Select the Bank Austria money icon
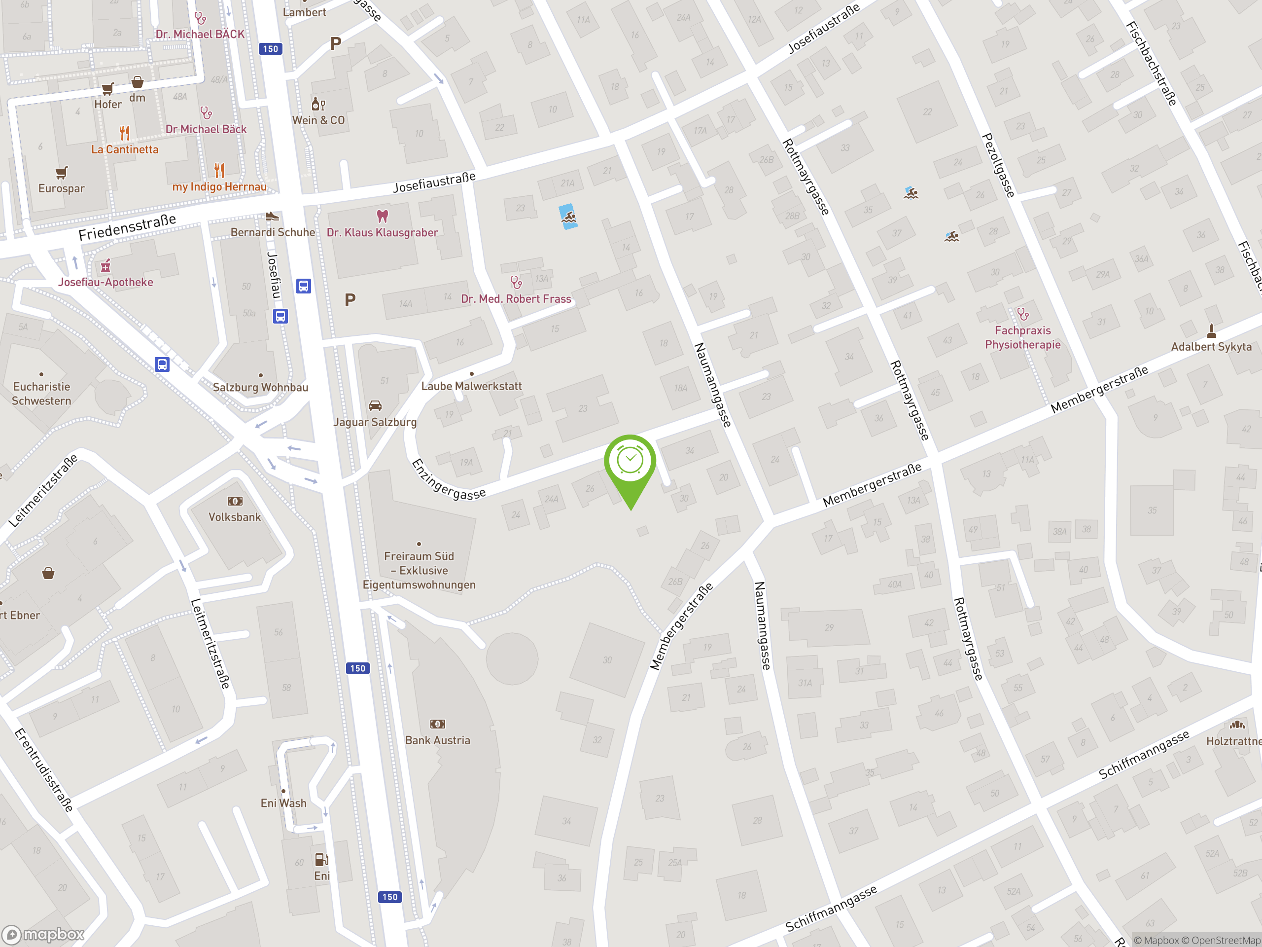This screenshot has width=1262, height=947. coord(438,724)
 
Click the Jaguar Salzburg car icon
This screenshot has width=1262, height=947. coord(375,406)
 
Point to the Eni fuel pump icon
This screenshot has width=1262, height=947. coord(321,860)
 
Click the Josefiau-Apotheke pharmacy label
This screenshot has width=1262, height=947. coord(105,282)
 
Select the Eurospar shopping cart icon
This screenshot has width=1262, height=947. coord(62,173)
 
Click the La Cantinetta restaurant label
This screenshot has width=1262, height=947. coord(125,149)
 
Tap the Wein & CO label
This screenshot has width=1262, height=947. coord(318,120)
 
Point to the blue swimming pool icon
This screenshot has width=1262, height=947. coord(568,217)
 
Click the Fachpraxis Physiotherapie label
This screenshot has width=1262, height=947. coord(1022,337)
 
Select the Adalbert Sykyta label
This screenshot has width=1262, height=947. coord(1211,346)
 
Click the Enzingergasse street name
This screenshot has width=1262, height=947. coord(449,479)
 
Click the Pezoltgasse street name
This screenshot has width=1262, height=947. coord(998,166)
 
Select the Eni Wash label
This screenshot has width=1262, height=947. coord(283,803)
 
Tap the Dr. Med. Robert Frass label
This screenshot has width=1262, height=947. coord(516,299)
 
